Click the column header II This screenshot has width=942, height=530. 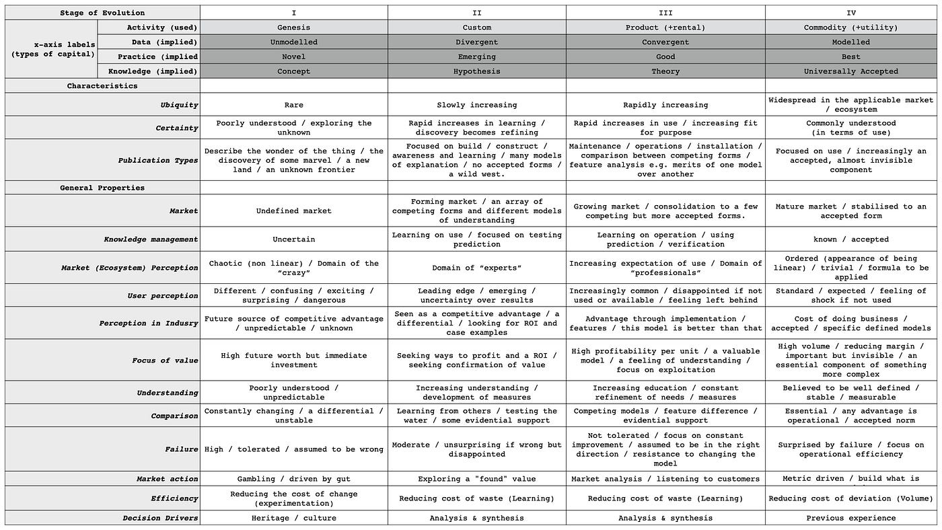pos(476,13)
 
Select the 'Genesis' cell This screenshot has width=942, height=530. pos(293,28)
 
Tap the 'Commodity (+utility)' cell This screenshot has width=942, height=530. pos(850,28)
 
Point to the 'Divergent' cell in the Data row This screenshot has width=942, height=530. pos(476,42)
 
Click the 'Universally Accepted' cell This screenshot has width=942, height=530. pos(850,71)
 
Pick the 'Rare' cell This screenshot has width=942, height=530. pos(293,105)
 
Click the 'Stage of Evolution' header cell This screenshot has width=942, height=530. pos(102,13)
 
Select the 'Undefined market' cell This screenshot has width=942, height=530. pos(293,211)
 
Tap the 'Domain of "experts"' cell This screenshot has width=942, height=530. pos(476,268)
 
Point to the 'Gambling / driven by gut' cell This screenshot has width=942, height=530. pos(293,479)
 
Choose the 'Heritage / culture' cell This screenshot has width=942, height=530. pos(293,518)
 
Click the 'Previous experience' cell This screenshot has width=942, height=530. pos(850,518)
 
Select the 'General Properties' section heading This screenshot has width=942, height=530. pos(102,188)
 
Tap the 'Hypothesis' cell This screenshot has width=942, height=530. pos(476,71)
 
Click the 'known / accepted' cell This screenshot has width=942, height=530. pos(850,239)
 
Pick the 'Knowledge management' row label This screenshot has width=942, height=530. pos(151,239)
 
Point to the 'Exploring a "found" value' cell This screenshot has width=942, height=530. pos(476,479)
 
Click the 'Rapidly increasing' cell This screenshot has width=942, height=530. pos(665,105)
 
